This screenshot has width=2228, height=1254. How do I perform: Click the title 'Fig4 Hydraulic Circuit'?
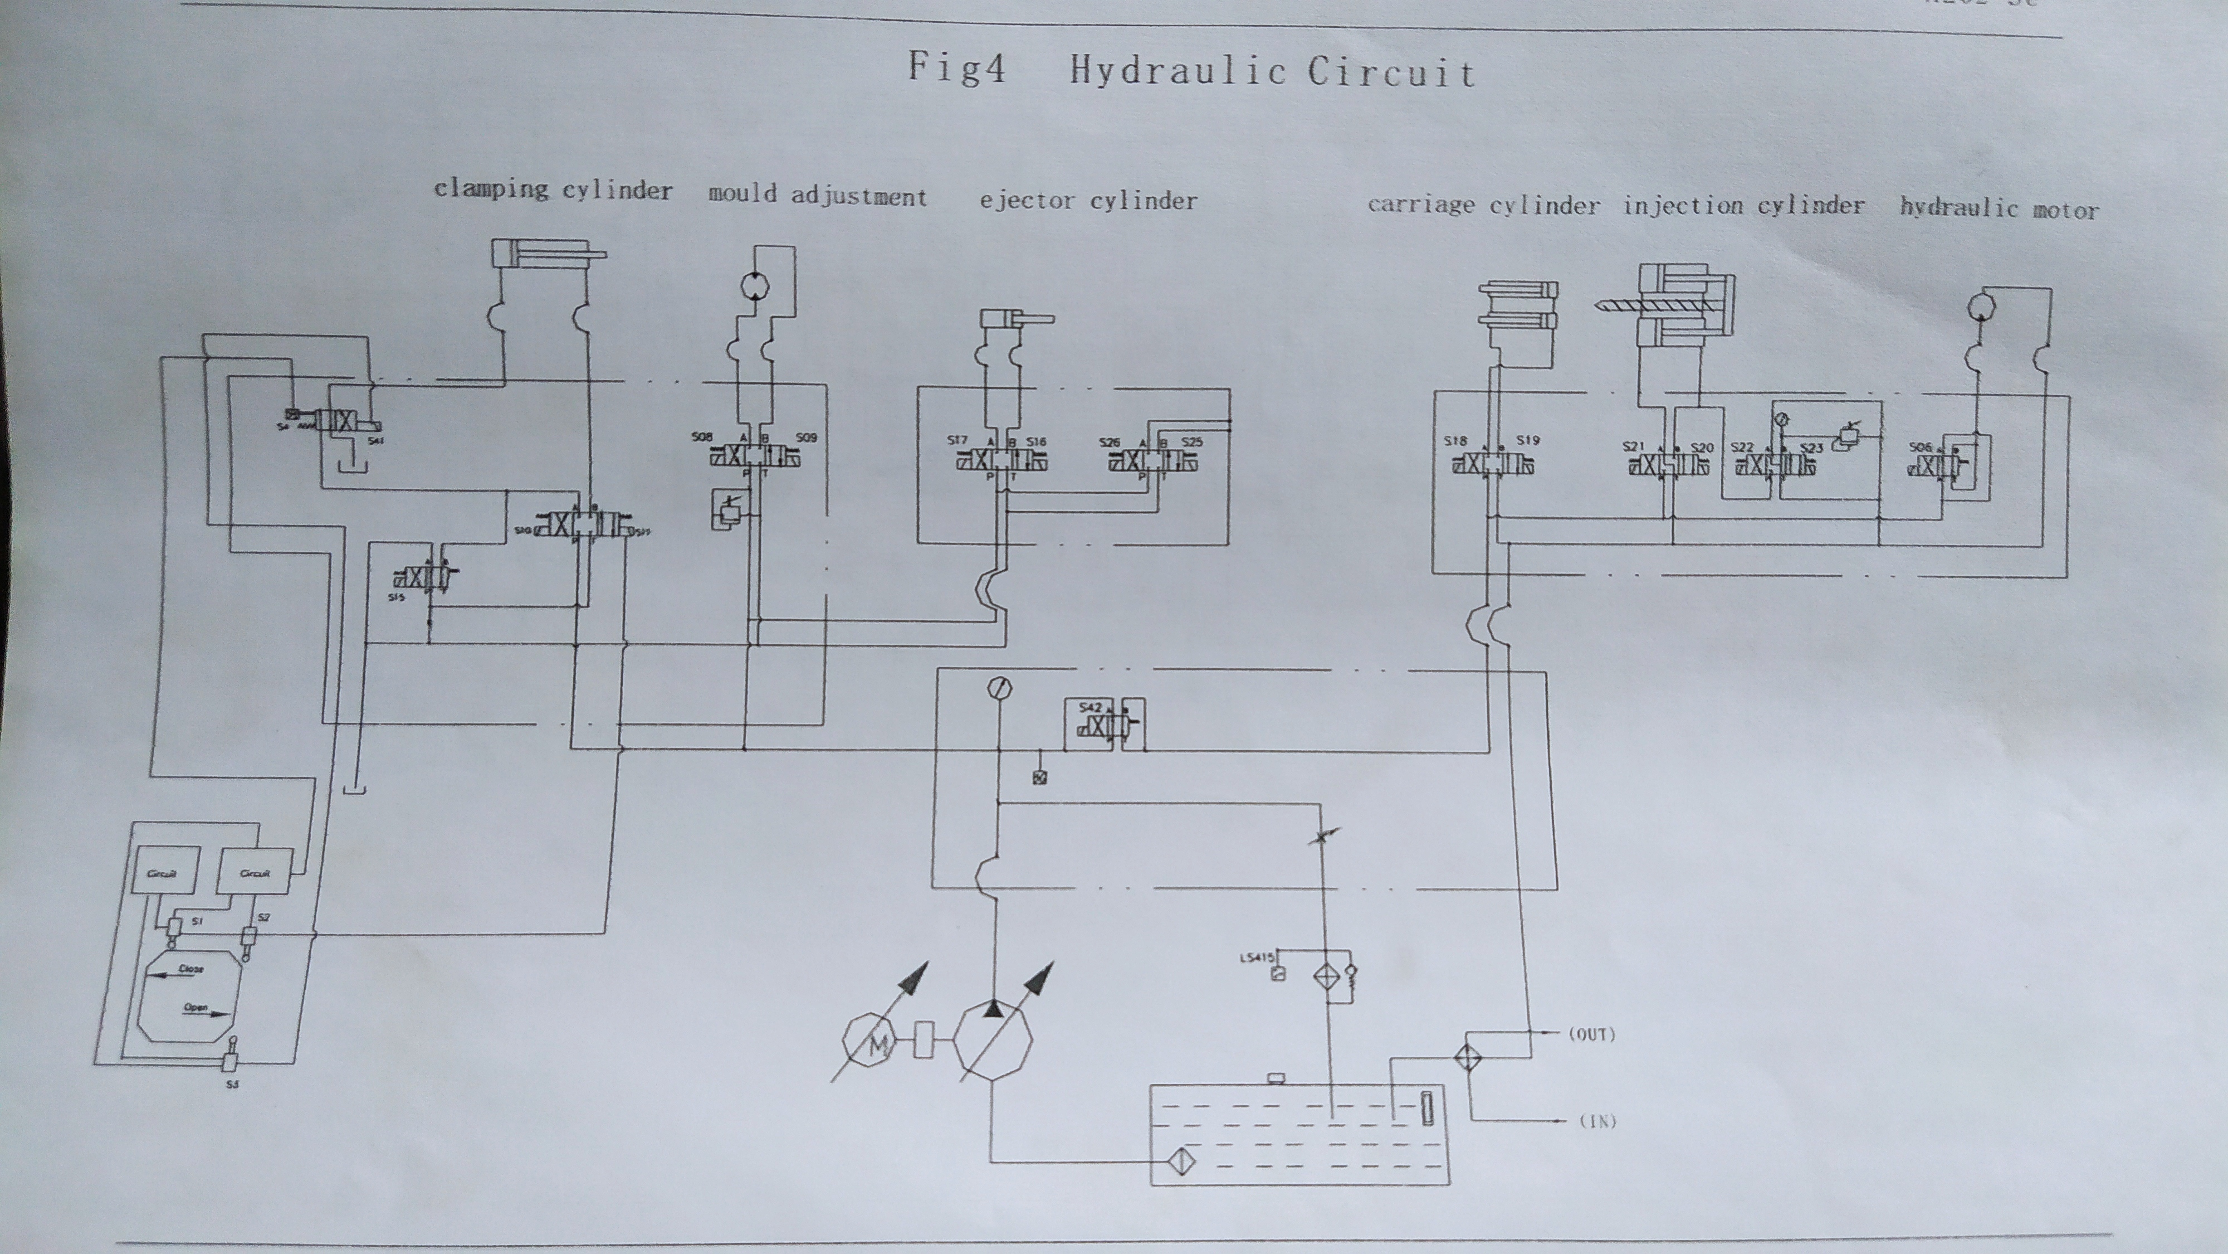click(1191, 69)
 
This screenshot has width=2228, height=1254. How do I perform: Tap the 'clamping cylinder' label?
click(553, 189)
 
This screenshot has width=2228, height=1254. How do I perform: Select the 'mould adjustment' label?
click(817, 196)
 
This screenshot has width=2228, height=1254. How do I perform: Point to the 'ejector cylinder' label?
click(1088, 201)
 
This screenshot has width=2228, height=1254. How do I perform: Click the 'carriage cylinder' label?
click(1483, 205)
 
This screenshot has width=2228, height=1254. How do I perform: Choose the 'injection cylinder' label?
click(1743, 207)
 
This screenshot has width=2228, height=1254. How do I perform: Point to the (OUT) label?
click(1591, 1034)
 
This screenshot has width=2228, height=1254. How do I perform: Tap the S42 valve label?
click(1091, 708)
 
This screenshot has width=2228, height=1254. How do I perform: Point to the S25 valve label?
click(1192, 441)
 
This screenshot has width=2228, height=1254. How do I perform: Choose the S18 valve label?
click(1455, 440)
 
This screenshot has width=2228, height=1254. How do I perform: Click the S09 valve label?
click(805, 437)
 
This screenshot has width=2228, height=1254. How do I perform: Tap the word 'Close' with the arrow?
click(190, 969)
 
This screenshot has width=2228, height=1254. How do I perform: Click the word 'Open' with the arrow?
click(196, 1007)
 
